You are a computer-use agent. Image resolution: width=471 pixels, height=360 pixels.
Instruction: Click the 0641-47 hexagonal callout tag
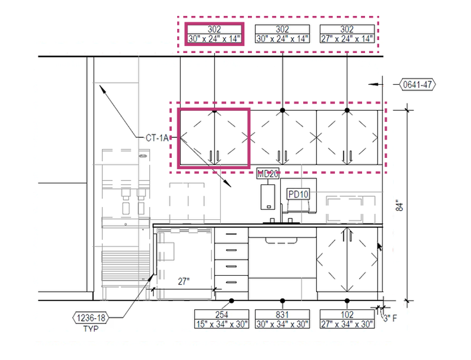[x=417, y=85]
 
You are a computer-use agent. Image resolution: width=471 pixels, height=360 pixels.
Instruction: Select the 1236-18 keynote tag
[x=91, y=318]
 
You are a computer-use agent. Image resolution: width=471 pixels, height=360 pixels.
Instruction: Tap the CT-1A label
[x=157, y=138]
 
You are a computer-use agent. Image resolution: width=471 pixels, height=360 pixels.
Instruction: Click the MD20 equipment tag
[x=268, y=174]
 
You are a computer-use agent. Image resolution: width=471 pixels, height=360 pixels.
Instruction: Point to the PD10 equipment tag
[x=298, y=194]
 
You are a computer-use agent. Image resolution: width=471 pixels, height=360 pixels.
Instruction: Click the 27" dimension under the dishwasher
[x=184, y=281]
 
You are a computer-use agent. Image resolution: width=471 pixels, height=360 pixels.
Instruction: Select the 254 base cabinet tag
[x=222, y=319]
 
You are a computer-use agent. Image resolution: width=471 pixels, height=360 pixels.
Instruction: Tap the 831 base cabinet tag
[x=283, y=319]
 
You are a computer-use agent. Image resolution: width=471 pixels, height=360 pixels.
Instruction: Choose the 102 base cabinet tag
[x=347, y=319]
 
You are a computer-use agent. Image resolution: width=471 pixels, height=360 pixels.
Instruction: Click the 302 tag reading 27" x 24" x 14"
[x=347, y=34]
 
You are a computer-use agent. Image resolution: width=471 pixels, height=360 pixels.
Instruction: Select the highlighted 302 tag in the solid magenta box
[x=214, y=34]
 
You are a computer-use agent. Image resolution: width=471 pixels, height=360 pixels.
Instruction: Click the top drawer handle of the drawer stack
[x=231, y=234]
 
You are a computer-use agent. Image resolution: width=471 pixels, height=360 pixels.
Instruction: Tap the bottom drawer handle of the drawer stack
[x=231, y=282]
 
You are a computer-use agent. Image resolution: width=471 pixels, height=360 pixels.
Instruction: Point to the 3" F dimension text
[x=390, y=318]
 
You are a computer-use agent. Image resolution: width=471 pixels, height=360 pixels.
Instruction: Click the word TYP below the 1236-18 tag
[x=91, y=329]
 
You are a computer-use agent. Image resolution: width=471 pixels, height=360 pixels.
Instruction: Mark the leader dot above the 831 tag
[x=283, y=300]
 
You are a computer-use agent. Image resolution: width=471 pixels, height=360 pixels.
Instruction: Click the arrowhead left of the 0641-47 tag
[x=373, y=84]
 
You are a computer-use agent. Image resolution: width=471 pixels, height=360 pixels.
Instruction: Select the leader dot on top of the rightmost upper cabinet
[x=347, y=110]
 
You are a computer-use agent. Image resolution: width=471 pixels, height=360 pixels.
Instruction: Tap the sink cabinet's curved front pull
[x=281, y=240]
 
